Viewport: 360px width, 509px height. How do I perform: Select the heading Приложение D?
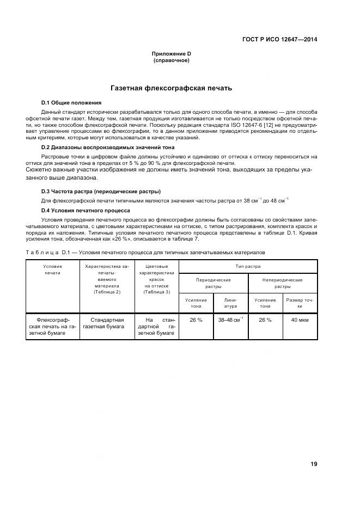(x=172, y=54)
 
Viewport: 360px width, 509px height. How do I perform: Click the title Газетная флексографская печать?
(x=172, y=88)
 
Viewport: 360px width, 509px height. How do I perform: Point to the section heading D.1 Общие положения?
(x=71, y=102)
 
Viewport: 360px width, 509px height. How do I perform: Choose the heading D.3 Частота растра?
(x=101, y=192)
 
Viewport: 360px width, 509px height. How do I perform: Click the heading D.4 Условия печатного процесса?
(x=86, y=210)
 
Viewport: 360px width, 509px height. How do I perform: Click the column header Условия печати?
(x=53, y=269)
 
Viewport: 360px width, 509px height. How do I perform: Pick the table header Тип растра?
(x=248, y=267)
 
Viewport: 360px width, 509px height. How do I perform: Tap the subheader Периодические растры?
(x=213, y=283)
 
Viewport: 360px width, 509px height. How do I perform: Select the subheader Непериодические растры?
(x=283, y=283)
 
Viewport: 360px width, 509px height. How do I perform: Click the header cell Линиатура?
(x=230, y=303)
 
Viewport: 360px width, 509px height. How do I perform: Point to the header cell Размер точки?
(x=300, y=303)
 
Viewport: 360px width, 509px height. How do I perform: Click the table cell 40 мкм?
(x=300, y=320)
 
